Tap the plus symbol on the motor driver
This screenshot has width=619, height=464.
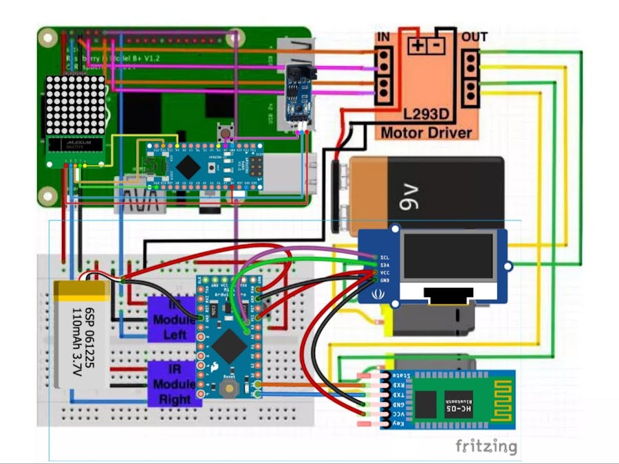point(417,47)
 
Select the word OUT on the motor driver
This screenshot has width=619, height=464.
point(475,36)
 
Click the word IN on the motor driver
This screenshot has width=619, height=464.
point(383,36)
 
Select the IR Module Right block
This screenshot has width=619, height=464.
point(174,383)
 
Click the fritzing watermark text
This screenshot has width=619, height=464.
point(486,446)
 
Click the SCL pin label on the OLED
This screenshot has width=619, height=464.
point(385,257)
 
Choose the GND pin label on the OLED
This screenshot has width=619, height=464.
point(385,280)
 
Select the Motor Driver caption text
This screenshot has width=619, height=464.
point(426,133)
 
